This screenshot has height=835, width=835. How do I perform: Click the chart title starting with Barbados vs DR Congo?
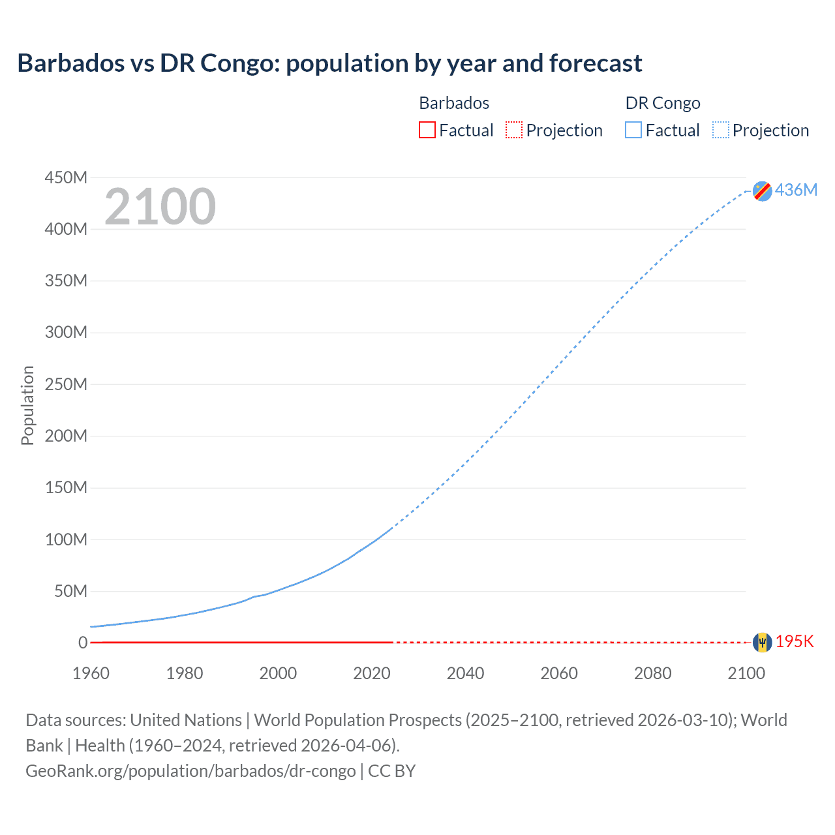[329, 63]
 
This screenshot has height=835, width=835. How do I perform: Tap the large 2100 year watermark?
[160, 207]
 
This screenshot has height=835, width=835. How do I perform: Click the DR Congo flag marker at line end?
[762, 191]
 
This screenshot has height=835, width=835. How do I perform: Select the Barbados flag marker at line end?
[762, 643]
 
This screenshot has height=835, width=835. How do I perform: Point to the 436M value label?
[796, 190]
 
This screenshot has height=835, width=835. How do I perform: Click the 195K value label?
[795, 642]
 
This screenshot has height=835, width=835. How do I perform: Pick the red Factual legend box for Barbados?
[427, 130]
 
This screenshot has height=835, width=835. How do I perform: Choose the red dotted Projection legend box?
[514, 130]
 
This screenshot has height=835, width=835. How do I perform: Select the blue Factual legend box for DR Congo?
[633, 130]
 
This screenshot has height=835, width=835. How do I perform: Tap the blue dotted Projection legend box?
[721, 130]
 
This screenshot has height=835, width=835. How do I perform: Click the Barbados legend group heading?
[454, 103]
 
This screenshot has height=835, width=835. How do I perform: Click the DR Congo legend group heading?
[663, 103]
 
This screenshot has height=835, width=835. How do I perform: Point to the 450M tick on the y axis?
[66, 177]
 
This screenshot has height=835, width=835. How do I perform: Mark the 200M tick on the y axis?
[66, 436]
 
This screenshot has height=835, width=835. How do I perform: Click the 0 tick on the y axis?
[82, 643]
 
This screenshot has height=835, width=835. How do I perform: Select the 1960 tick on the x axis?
[91, 673]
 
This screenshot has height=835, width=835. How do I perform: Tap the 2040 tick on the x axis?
[465, 673]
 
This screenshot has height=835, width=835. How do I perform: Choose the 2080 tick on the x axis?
[652, 673]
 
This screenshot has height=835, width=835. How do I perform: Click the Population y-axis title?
[27, 405]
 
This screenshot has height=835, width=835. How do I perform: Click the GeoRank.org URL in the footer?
[190, 771]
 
